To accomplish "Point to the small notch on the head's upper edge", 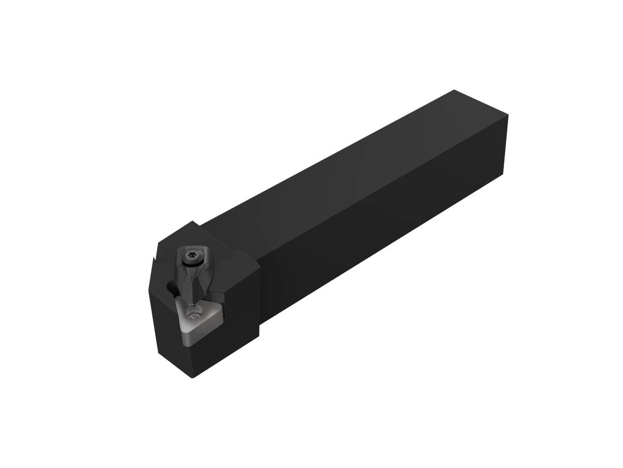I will [x=154, y=258].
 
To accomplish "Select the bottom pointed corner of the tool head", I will [x=193, y=377].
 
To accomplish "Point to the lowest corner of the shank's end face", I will [x=503, y=174].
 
